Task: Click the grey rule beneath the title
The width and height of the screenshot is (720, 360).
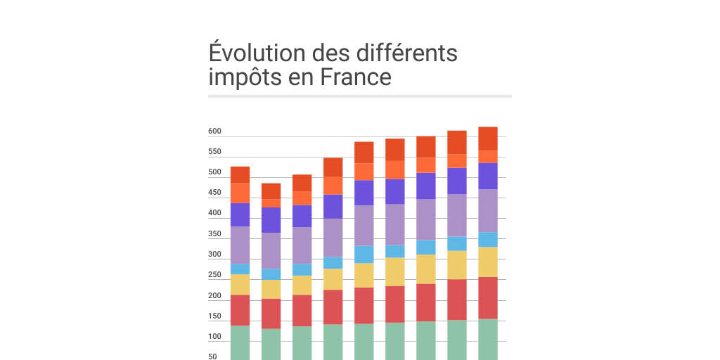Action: [x=359, y=96]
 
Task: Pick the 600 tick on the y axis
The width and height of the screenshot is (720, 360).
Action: [x=214, y=131]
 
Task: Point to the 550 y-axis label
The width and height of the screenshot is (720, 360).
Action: [x=214, y=152]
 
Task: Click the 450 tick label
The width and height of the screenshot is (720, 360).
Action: [x=214, y=193]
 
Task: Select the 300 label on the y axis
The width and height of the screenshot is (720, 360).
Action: [x=214, y=255]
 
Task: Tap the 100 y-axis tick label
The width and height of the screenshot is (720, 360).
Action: [x=214, y=337]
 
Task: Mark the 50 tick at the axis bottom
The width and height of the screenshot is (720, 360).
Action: [x=212, y=356]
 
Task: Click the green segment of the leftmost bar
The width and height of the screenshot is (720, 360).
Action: [x=240, y=342]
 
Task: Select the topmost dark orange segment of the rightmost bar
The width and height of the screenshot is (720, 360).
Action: [x=487, y=139]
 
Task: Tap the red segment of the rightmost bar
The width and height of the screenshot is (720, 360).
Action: [x=487, y=297]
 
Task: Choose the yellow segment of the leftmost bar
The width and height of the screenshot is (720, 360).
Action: [x=240, y=284]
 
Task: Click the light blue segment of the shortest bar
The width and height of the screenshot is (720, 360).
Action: [x=271, y=274]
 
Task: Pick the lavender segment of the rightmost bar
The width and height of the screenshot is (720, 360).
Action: [x=487, y=210]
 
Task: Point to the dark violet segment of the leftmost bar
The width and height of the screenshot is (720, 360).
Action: [x=240, y=214]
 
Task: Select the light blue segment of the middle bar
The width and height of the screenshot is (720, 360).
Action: [x=364, y=254]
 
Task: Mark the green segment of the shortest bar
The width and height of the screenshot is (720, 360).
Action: [x=271, y=344]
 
